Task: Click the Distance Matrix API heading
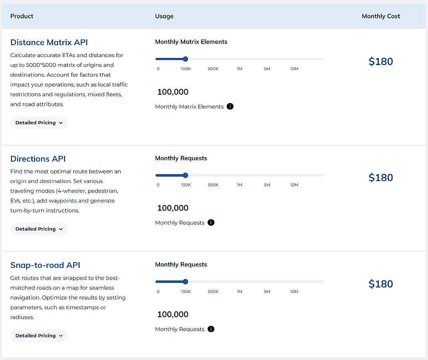tap(49, 42)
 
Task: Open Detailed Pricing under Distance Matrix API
tap(39, 123)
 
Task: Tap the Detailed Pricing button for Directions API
tap(39, 229)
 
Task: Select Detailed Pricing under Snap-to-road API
tap(39, 336)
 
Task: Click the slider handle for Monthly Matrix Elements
tap(185, 59)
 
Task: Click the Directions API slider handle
tap(185, 175)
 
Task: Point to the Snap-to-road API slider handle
tap(185, 282)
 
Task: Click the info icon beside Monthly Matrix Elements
tap(230, 106)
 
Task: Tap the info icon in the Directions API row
tap(211, 223)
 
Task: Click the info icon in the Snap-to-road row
tap(211, 329)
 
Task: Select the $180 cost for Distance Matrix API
tap(380, 62)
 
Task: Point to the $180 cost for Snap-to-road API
tap(380, 284)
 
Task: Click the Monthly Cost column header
tap(381, 16)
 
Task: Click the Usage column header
tap(164, 16)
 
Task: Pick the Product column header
tap(22, 16)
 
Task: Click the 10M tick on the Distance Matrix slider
tap(294, 69)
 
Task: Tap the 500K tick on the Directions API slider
tap(213, 185)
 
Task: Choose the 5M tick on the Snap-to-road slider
tap(267, 291)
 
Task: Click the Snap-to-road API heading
tap(45, 265)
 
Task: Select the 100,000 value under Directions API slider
tap(173, 208)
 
